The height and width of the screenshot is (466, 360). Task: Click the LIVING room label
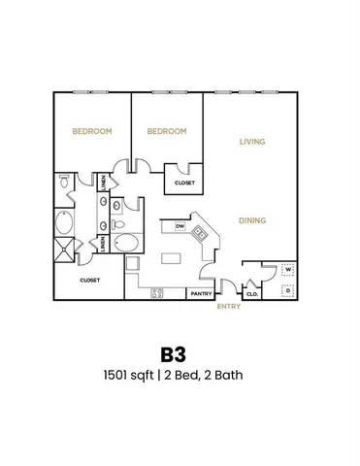click(252, 142)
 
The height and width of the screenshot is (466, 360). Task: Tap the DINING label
click(252, 220)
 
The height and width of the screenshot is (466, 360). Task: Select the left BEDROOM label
click(91, 130)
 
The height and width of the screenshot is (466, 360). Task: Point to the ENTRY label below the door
click(228, 307)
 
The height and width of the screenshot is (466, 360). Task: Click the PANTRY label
click(201, 293)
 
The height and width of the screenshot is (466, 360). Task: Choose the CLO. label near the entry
click(251, 293)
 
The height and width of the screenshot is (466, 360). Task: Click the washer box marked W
click(288, 271)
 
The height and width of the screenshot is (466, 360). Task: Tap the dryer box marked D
click(288, 289)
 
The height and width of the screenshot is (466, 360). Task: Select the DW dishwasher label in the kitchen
click(180, 226)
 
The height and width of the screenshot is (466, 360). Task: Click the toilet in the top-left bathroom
click(64, 182)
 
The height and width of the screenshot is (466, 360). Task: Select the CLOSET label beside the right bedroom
click(183, 183)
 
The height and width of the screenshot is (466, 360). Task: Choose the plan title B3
click(180, 350)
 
